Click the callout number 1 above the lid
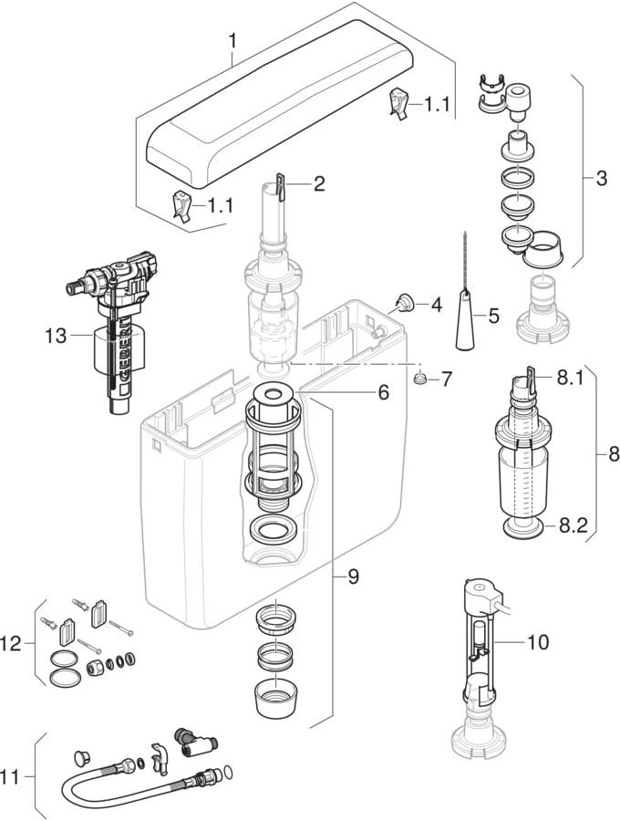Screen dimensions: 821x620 [232, 41]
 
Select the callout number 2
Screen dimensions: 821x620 [318, 184]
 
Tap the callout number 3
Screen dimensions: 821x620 [600, 179]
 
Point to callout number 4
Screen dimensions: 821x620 [436, 305]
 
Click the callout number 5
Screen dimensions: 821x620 [493, 317]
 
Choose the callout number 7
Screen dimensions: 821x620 [446, 379]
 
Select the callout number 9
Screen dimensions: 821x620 [352, 577]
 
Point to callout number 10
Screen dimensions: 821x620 [538, 642]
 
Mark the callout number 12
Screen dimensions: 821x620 [11, 644]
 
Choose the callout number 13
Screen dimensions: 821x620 [57, 336]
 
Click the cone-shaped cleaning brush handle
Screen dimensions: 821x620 [466, 324]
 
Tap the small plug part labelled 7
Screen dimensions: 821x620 [420, 378]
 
